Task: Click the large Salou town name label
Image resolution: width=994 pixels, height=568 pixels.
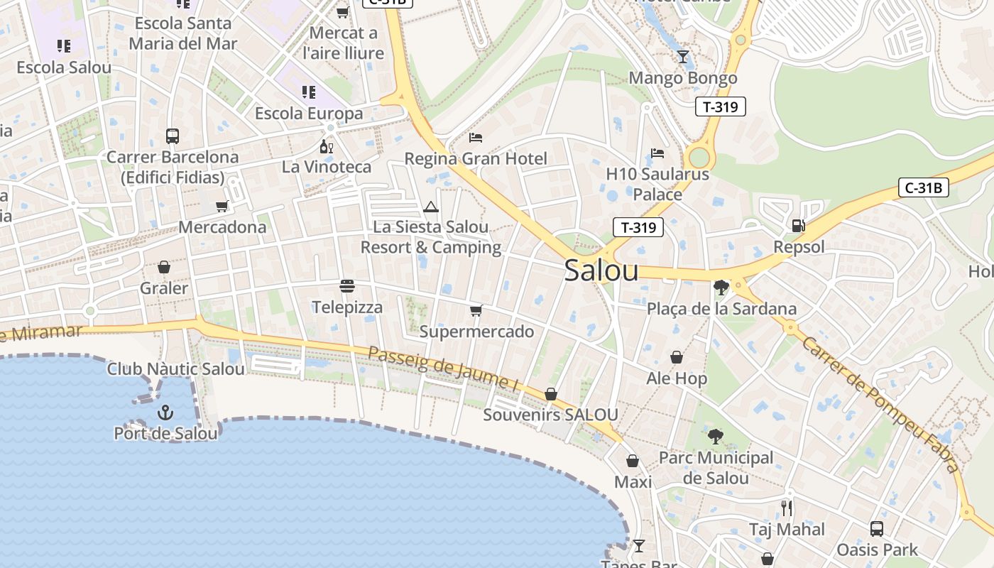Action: point(601,271)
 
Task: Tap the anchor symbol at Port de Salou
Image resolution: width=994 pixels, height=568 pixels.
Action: point(165,412)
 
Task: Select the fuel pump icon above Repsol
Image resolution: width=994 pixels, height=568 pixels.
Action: point(798,226)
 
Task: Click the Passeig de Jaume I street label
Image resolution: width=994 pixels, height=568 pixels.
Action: point(442,369)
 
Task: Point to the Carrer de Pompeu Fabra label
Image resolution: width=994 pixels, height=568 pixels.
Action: point(880,403)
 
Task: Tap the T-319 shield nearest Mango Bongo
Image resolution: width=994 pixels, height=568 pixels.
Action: point(721,107)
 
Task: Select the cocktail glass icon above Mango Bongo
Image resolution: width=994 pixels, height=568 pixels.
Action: point(683,57)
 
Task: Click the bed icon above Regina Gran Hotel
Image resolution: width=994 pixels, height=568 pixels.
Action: point(476,137)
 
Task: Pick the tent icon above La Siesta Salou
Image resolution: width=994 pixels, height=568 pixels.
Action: point(430,207)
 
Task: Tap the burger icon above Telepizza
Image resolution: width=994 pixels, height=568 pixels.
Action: point(347,286)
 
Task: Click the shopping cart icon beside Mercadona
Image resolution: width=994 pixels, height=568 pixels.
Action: point(222,206)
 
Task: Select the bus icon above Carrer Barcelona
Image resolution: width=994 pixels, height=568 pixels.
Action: point(172,136)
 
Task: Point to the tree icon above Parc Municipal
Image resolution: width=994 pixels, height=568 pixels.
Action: point(716,437)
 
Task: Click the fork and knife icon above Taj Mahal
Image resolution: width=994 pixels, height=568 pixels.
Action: point(787,508)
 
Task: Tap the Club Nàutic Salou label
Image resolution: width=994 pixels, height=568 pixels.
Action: point(175,369)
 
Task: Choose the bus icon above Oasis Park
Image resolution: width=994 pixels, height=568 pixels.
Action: point(877,528)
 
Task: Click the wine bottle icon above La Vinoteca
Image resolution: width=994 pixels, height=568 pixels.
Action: point(327,147)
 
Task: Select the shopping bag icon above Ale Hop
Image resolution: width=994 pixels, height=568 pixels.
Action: point(677,357)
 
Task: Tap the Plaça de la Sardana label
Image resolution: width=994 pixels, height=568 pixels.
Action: point(721,309)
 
